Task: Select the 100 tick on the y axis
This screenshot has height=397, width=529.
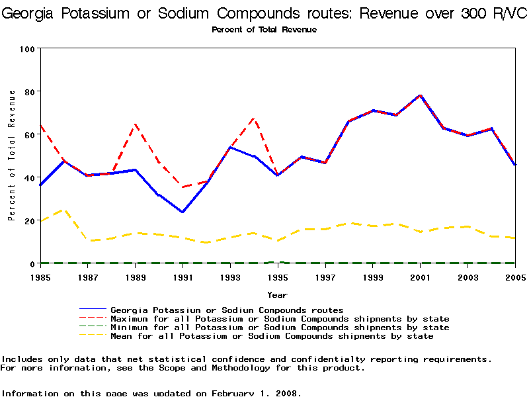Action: click(28, 49)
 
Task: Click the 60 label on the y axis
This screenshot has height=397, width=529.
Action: click(30, 135)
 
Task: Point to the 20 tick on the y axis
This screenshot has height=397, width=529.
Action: click(30, 221)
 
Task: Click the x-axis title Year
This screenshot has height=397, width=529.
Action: click(277, 294)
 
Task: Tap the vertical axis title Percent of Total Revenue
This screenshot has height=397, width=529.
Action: click(12, 156)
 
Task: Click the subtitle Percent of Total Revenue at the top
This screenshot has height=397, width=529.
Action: click(264, 30)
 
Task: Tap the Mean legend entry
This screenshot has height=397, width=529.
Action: click(272, 336)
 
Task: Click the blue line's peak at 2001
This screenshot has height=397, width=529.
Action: click(420, 95)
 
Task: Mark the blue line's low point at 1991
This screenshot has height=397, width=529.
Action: click(183, 212)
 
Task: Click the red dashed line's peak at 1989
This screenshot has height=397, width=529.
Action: click(135, 124)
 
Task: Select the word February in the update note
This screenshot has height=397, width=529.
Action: click(233, 393)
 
